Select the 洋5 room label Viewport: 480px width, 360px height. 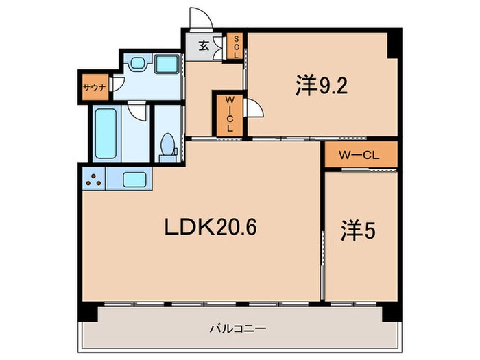tap(358, 231)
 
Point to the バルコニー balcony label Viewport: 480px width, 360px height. tap(237, 328)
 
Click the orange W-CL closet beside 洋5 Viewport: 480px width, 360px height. tap(359, 155)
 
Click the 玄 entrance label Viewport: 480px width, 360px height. tap(204, 47)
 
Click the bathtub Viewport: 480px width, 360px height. tap(106, 133)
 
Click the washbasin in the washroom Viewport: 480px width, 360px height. tap(136, 65)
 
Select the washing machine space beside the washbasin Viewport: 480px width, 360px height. tap(167, 65)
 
